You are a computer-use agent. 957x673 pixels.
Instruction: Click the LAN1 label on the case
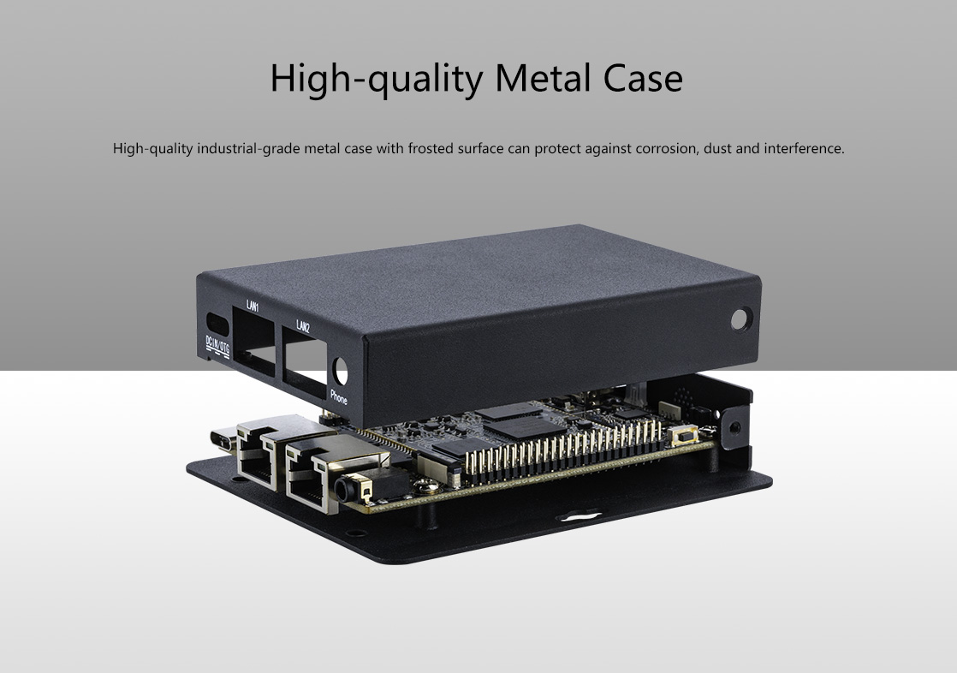[253, 306]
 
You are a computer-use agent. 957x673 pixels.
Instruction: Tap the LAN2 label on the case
[303, 326]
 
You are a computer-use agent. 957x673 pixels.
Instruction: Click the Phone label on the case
[339, 397]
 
